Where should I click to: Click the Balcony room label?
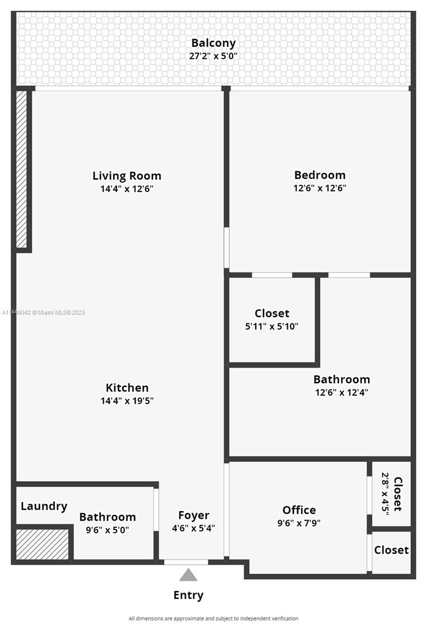pos(213,43)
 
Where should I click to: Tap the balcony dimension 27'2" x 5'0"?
pos(213,56)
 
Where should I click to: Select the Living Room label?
pos(127,176)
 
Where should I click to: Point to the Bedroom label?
pos(320,175)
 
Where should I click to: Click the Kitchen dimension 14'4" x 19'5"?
pos(127,401)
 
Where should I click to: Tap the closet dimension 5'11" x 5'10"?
pos(271,326)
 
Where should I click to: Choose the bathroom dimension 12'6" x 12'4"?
pos(342,393)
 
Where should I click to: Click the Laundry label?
pos(44,506)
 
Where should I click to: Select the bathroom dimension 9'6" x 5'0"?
pos(107,530)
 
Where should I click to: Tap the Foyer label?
pos(193,515)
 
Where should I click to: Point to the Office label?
pos(299,510)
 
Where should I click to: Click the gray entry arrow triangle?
pos(188,575)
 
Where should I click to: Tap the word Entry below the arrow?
pos(188,595)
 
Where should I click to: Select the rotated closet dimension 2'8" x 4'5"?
pos(385,493)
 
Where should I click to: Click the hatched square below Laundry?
pos(42,544)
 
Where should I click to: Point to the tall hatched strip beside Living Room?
pos(21,170)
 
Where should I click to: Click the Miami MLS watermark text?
pos(44,313)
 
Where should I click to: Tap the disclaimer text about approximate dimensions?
pos(213,618)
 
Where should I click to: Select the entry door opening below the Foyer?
pos(186,563)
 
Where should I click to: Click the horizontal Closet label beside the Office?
pos(391,550)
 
